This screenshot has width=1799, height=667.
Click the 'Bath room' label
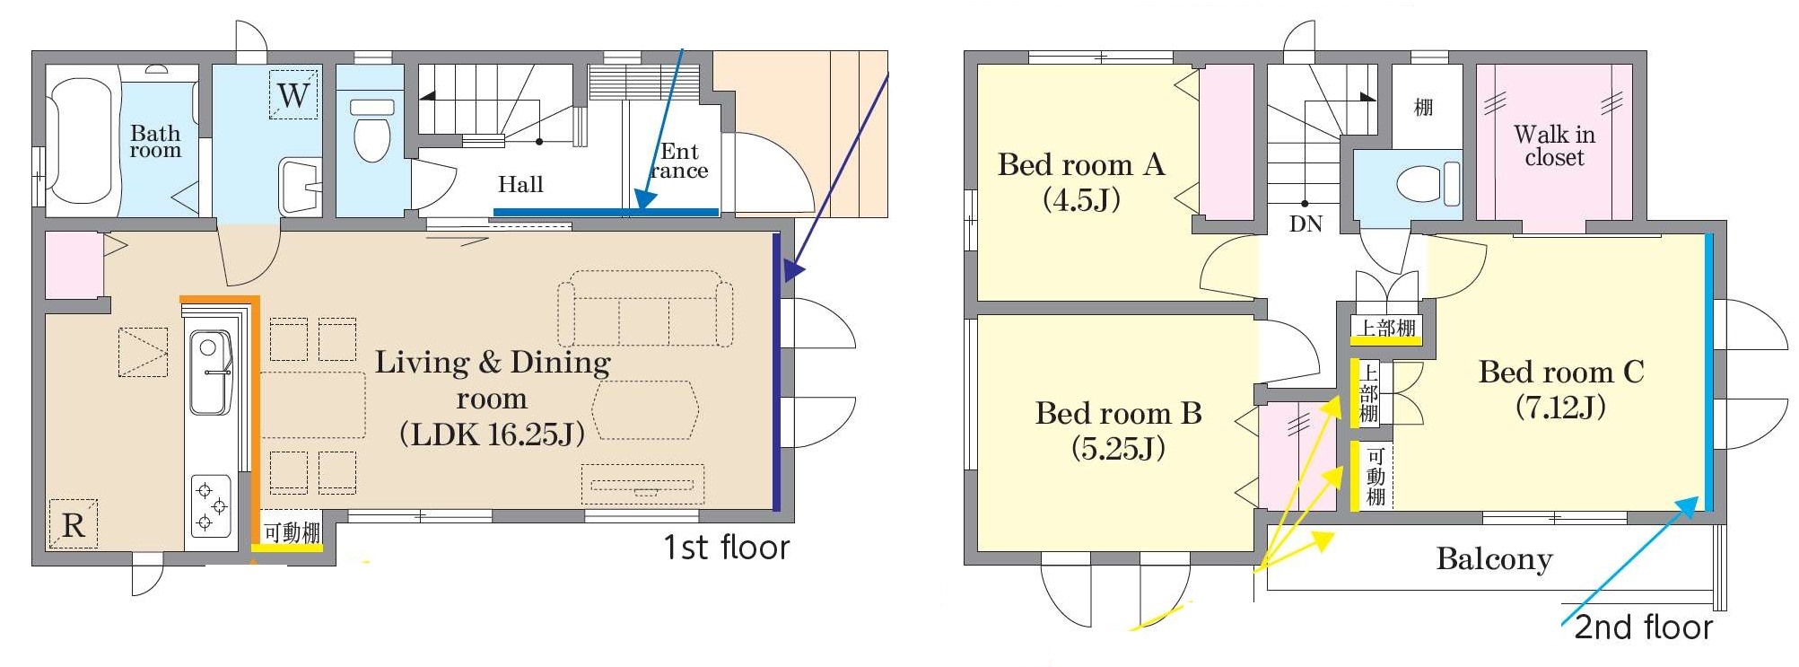pyautogui.click(x=155, y=142)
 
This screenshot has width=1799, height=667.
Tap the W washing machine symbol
pyautogui.click(x=293, y=94)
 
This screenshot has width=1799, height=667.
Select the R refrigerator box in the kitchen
pyautogui.click(x=74, y=524)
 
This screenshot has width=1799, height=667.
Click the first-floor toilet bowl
pyautogui.click(x=372, y=131)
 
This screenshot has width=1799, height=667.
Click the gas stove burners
pyautogui.click(x=211, y=505)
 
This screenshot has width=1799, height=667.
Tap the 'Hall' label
pyautogui.click(x=520, y=184)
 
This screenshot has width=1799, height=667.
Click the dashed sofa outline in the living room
pyautogui.click(x=645, y=309)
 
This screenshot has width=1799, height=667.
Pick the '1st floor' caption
pyautogui.click(x=727, y=547)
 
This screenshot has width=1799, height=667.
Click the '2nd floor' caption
pyautogui.click(x=1644, y=627)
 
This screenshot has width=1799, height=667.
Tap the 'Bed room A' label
pyautogui.click(x=1081, y=165)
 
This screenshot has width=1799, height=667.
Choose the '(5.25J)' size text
pyautogui.click(x=1119, y=448)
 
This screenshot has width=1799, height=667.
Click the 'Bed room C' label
pyautogui.click(x=1561, y=372)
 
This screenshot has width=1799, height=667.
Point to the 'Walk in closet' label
pyautogui.click(x=1555, y=146)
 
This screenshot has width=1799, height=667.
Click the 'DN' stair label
pyautogui.click(x=1306, y=224)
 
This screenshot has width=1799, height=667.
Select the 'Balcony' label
pyautogui.click(x=1494, y=559)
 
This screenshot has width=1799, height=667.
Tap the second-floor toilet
pyautogui.click(x=1428, y=184)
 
